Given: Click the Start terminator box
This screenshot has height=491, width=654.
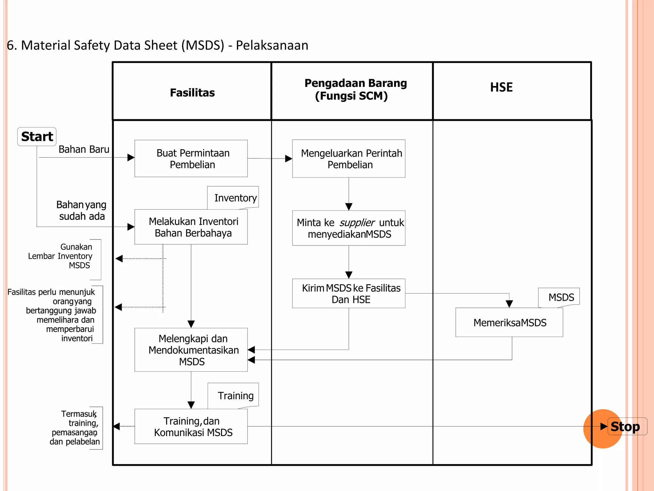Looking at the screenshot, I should click(x=37, y=136).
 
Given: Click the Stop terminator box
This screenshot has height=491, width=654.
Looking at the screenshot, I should click(x=627, y=426).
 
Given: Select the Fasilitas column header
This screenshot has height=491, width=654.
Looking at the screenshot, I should click(x=192, y=92).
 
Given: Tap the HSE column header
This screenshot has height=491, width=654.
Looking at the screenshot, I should click(x=501, y=87).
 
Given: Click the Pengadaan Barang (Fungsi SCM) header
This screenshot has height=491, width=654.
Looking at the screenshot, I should click(x=355, y=89).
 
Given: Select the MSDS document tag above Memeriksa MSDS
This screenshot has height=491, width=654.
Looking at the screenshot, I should click(x=560, y=297).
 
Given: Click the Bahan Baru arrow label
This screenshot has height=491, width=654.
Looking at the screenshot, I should click(x=84, y=149).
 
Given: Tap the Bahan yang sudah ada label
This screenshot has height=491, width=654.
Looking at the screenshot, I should click(x=81, y=210).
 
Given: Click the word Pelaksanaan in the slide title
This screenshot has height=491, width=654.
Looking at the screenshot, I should click(x=272, y=45).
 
